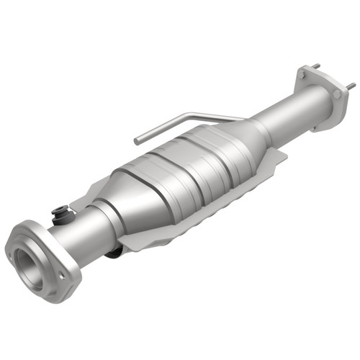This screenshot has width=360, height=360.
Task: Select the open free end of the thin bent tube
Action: click(136, 140)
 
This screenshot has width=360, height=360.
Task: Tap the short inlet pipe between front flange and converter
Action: click(86, 230)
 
